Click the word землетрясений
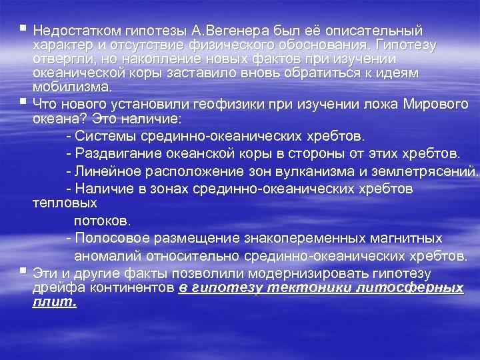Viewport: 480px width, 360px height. pyautogui.click(x=429, y=171)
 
